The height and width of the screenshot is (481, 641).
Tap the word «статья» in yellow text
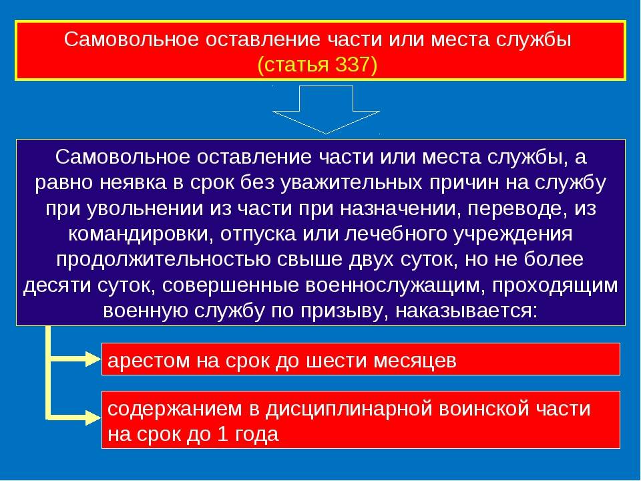coord(297,65)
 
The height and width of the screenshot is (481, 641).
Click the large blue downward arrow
coord(327,110)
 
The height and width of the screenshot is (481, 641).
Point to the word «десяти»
coord(57,286)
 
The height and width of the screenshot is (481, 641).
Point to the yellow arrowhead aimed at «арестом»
coord(93,360)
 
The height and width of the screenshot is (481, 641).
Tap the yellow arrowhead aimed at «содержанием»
coord(93,418)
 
